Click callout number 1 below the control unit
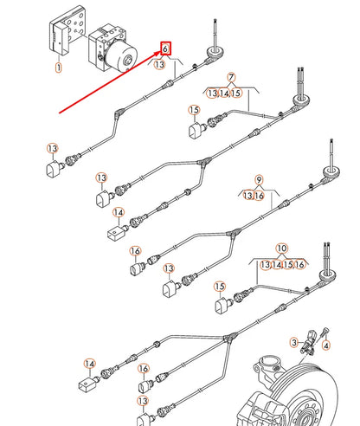click(x=59, y=66)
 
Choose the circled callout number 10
click(x=280, y=248)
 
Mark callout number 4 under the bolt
click(x=326, y=345)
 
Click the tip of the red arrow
click(x=159, y=57)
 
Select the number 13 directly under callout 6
click(x=160, y=65)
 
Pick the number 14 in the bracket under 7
click(x=224, y=93)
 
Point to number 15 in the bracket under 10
click(x=288, y=263)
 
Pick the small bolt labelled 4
click(x=325, y=332)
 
